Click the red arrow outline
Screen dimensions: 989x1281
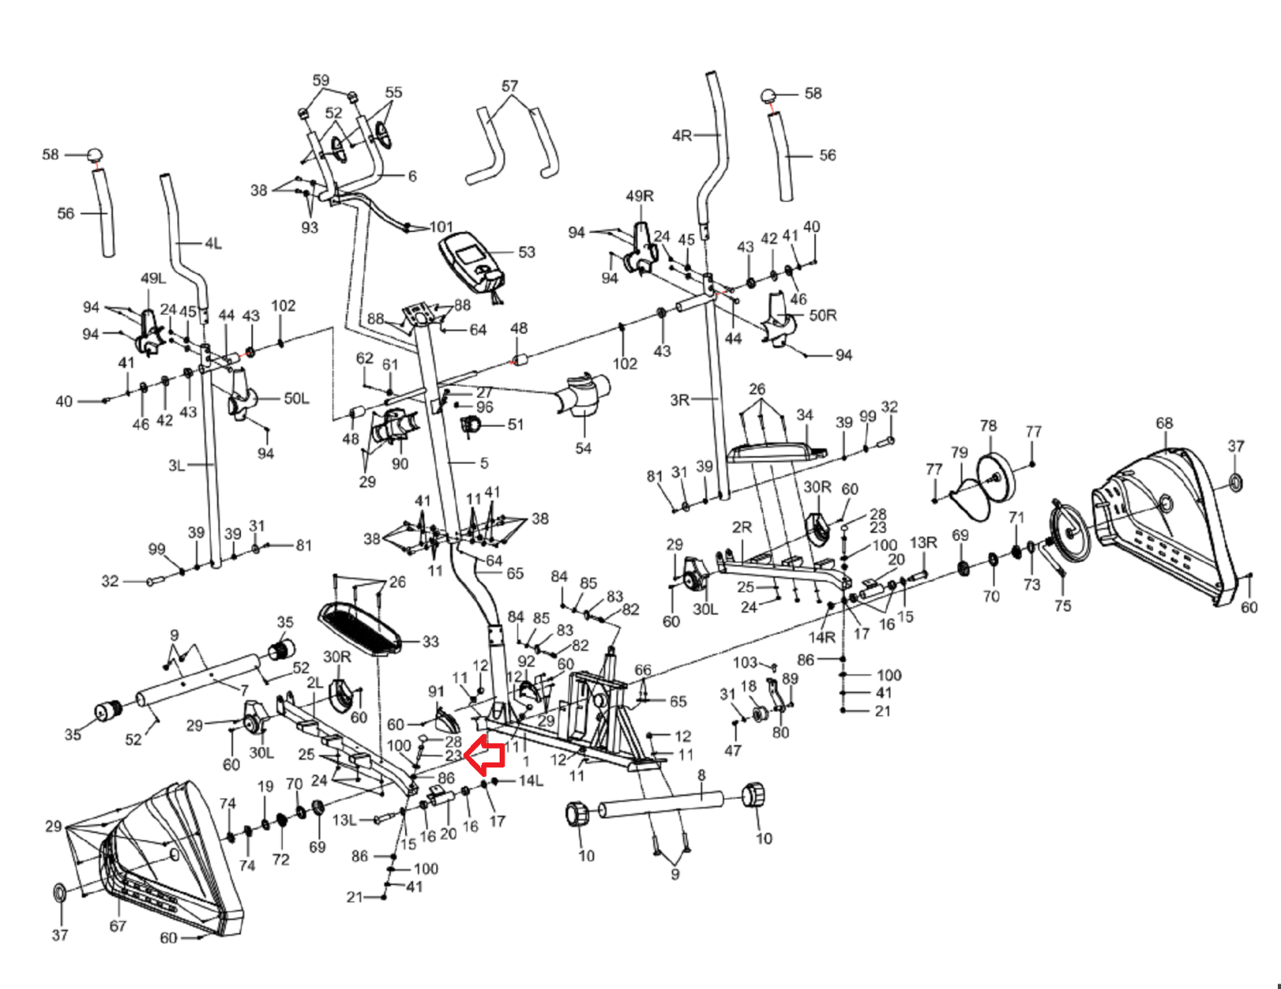click(x=485, y=755)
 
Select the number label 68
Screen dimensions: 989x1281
click(x=1163, y=422)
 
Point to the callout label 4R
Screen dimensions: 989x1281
click(x=682, y=135)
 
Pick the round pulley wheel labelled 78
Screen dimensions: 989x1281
click(x=996, y=476)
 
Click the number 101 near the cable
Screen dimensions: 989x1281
click(x=441, y=226)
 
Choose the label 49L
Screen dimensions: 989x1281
click(x=153, y=278)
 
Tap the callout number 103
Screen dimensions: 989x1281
click(x=745, y=662)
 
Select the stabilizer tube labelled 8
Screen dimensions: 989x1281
click(x=664, y=805)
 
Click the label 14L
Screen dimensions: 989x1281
click(x=531, y=780)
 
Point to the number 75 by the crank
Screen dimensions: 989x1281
click(x=1062, y=606)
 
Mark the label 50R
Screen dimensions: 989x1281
click(x=823, y=314)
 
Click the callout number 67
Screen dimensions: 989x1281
click(x=118, y=926)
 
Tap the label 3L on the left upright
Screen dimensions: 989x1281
click(x=177, y=466)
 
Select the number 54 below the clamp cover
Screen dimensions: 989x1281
click(x=583, y=448)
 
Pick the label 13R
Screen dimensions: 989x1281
click(x=923, y=543)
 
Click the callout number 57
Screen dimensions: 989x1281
click(x=510, y=86)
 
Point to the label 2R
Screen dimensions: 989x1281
click(x=741, y=527)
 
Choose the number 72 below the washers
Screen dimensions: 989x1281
click(x=280, y=859)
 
